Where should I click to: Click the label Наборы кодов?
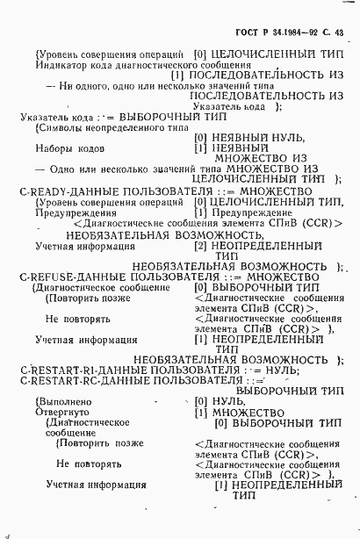pos(65,148)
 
